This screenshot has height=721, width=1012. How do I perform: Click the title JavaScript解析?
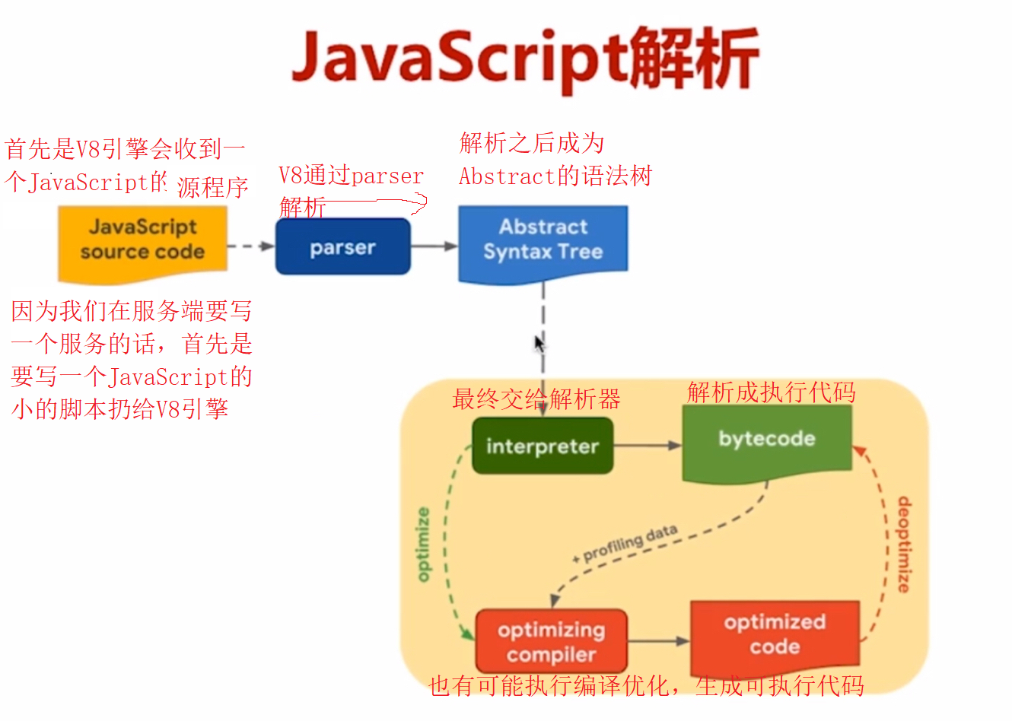point(525,59)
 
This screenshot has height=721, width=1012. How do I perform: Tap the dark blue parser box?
point(342,247)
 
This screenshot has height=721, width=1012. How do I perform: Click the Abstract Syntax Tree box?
point(543,240)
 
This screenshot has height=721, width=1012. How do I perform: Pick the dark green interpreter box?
point(543,446)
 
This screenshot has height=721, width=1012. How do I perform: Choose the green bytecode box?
point(766,440)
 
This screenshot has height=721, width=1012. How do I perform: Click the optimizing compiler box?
point(552,641)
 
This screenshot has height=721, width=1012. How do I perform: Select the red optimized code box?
point(775,635)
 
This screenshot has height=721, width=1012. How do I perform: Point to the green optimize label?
point(424,545)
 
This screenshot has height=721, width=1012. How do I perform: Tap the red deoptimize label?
point(903,545)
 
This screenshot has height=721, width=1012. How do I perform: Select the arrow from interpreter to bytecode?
point(648,446)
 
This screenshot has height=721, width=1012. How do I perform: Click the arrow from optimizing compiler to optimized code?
point(658,641)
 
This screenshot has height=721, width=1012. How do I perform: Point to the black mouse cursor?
point(539,345)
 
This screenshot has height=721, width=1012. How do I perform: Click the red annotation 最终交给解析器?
point(536,399)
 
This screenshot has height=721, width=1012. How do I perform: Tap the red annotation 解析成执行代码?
point(771,392)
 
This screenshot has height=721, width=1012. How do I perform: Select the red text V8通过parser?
point(351,176)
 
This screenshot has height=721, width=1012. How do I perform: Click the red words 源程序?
point(213,187)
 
